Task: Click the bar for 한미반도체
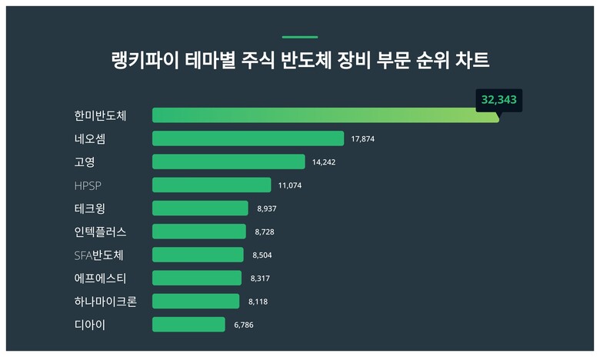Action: pyautogui.click(x=325, y=115)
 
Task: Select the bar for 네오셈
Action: pyautogui.click(x=248, y=138)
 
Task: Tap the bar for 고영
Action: pyautogui.click(x=228, y=162)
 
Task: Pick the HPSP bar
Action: pyautogui.click(x=212, y=185)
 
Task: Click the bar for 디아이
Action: pyautogui.click(x=188, y=325)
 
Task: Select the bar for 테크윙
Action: pyautogui.click(x=200, y=208)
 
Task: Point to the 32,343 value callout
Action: pyautogui.click(x=499, y=100)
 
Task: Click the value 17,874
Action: pyautogui.click(x=363, y=139)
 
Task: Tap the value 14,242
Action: pyautogui.click(x=324, y=162)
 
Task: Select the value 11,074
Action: pyautogui.click(x=290, y=185)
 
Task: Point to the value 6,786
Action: pyautogui.click(x=244, y=325)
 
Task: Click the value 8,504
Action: pyautogui.click(x=262, y=255)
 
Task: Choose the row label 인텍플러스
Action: pyautogui.click(x=100, y=232)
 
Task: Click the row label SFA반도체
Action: pyautogui.click(x=98, y=255)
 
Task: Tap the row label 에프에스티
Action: pyautogui.click(x=100, y=278)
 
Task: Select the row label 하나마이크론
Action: pyautogui.click(x=105, y=302)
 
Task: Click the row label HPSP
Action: pyautogui.click(x=88, y=185)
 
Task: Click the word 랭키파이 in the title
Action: pyautogui.click(x=145, y=61)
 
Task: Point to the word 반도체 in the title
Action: pyautogui.click(x=306, y=61)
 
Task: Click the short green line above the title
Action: pyautogui.click(x=300, y=37)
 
